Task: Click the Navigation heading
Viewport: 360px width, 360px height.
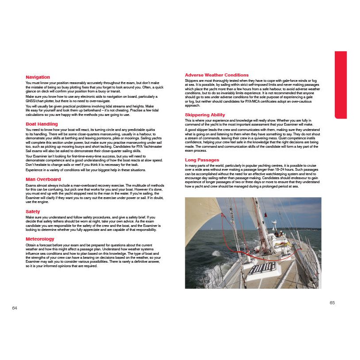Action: [x=38, y=77]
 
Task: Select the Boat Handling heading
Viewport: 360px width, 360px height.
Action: [x=42, y=124]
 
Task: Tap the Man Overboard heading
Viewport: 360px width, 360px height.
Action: [x=43, y=179]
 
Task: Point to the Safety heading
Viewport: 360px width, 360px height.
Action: [x=33, y=212]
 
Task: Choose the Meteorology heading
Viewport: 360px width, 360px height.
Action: [x=40, y=239]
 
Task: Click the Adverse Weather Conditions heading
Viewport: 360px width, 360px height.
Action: [x=217, y=75]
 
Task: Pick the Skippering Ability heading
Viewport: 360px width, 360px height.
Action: [x=205, y=115]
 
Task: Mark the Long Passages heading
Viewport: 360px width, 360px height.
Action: [x=202, y=159]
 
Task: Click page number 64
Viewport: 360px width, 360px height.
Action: [x=15, y=308]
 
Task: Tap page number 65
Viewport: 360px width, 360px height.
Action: [x=332, y=303]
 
